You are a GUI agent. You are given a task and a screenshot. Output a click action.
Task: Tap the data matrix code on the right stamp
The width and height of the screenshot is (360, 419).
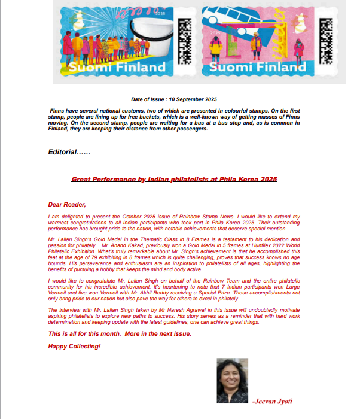pos(325,41)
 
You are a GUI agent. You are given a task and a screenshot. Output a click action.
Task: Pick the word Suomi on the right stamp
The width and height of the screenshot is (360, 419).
pos(230,67)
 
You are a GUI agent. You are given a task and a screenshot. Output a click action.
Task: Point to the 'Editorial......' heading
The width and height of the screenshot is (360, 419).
pos(69,152)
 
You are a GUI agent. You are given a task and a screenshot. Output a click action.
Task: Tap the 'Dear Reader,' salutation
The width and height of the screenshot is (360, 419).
pos(67,204)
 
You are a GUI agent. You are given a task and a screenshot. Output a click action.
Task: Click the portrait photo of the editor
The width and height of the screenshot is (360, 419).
pos(232,381)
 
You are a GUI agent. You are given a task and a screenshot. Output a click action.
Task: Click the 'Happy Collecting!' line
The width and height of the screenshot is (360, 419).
pos(74,346)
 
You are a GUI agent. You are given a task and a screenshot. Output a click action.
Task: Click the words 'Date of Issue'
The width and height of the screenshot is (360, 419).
pos(149,99)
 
